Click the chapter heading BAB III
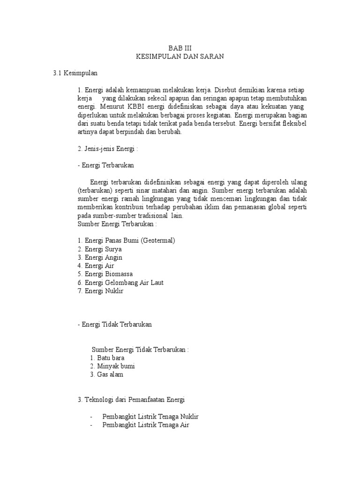pyautogui.click(x=180, y=48)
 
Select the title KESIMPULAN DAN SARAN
pyautogui.click(x=180, y=56)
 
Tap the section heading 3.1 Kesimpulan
pyautogui.click(x=75, y=73)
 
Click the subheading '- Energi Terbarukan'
pyautogui.click(x=106, y=165)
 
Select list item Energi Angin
pyautogui.click(x=100, y=257)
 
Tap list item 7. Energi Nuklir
pyautogui.click(x=100, y=291)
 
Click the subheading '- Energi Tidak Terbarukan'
pyautogui.click(x=115, y=324)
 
